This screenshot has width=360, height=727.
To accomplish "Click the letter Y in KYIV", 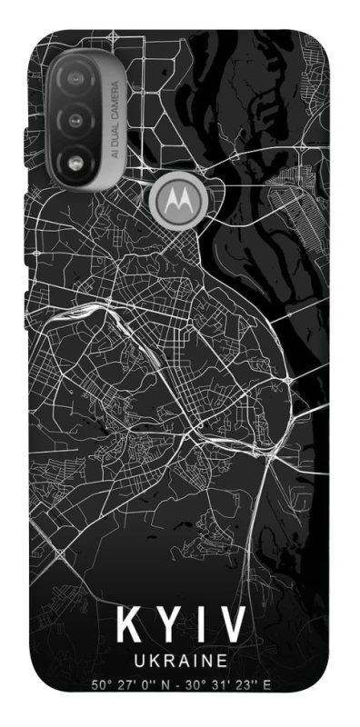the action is point(169,627).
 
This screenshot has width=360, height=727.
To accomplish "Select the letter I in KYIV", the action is point(200,627).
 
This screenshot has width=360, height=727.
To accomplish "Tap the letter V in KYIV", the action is point(233,627).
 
